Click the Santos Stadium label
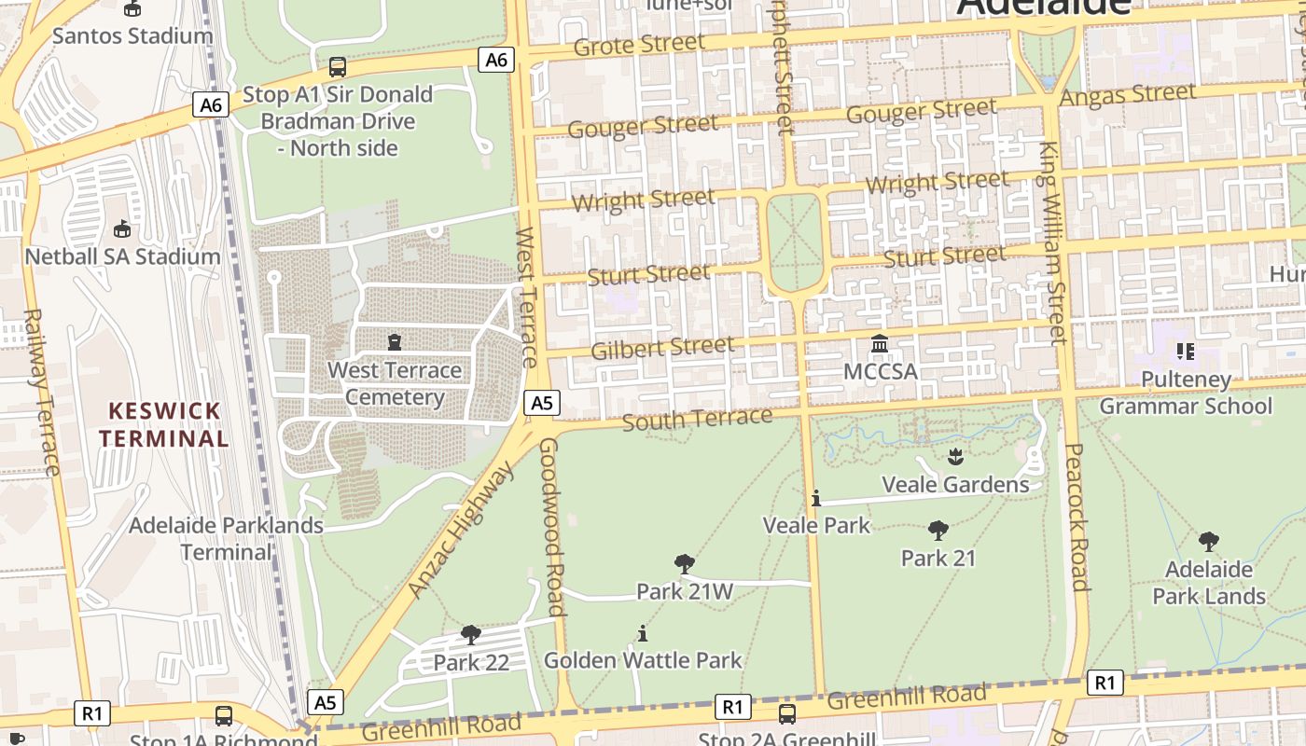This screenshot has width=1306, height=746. point(132,36)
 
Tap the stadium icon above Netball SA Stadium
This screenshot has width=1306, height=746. point(121,228)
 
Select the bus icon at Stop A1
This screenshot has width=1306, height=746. point(338,67)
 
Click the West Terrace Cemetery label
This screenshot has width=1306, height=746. point(395,383)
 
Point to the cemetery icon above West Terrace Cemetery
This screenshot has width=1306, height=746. point(395,342)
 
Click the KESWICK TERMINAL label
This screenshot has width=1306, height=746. point(164,424)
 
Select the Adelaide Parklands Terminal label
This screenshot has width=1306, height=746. point(226,538)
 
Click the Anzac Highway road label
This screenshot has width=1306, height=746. point(461,530)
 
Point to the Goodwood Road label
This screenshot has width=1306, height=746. point(552,527)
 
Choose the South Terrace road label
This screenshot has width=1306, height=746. point(697,420)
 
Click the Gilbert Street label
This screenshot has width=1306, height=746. point(662,348)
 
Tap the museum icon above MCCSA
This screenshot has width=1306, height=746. point(880,344)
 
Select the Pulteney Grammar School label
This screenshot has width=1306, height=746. point(1186,393)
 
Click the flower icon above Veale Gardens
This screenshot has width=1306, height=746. point(955,456)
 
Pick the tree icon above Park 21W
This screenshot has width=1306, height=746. point(685,563)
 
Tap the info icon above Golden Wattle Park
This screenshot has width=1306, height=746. point(642,633)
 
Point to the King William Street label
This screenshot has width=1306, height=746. point(1051,242)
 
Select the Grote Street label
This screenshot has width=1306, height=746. point(640,45)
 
